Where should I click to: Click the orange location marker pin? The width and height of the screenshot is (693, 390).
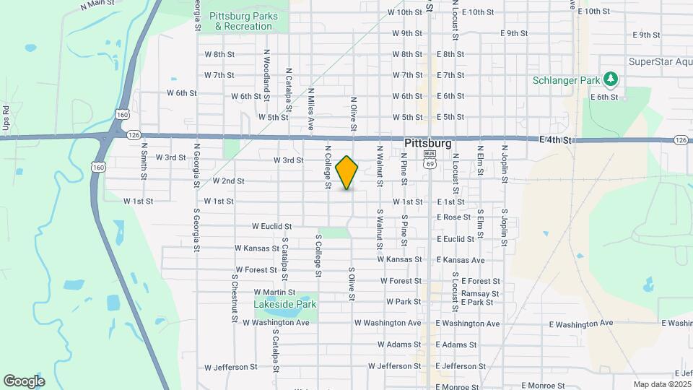(x=347, y=173)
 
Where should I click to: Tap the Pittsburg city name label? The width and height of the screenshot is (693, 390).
(x=428, y=143)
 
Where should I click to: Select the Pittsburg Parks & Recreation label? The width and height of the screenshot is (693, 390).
(x=241, y=21)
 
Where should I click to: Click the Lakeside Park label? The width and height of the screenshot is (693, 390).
(x=285, y=304)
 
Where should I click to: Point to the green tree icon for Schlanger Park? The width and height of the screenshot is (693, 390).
(x=611, y=78)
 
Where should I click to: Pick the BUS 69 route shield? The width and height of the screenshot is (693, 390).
(x=430, y=159)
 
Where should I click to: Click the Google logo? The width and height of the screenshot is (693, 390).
(x=24, y=381)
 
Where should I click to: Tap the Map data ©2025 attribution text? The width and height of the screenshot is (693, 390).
(x=662, y=384)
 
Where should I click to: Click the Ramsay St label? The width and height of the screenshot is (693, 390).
(x=480, y=293)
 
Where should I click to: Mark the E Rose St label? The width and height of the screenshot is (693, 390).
(x=453, y=217)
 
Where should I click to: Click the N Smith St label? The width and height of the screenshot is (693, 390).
(x=144, y=164)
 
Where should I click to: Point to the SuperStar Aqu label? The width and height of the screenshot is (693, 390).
(x=660, y=61)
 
